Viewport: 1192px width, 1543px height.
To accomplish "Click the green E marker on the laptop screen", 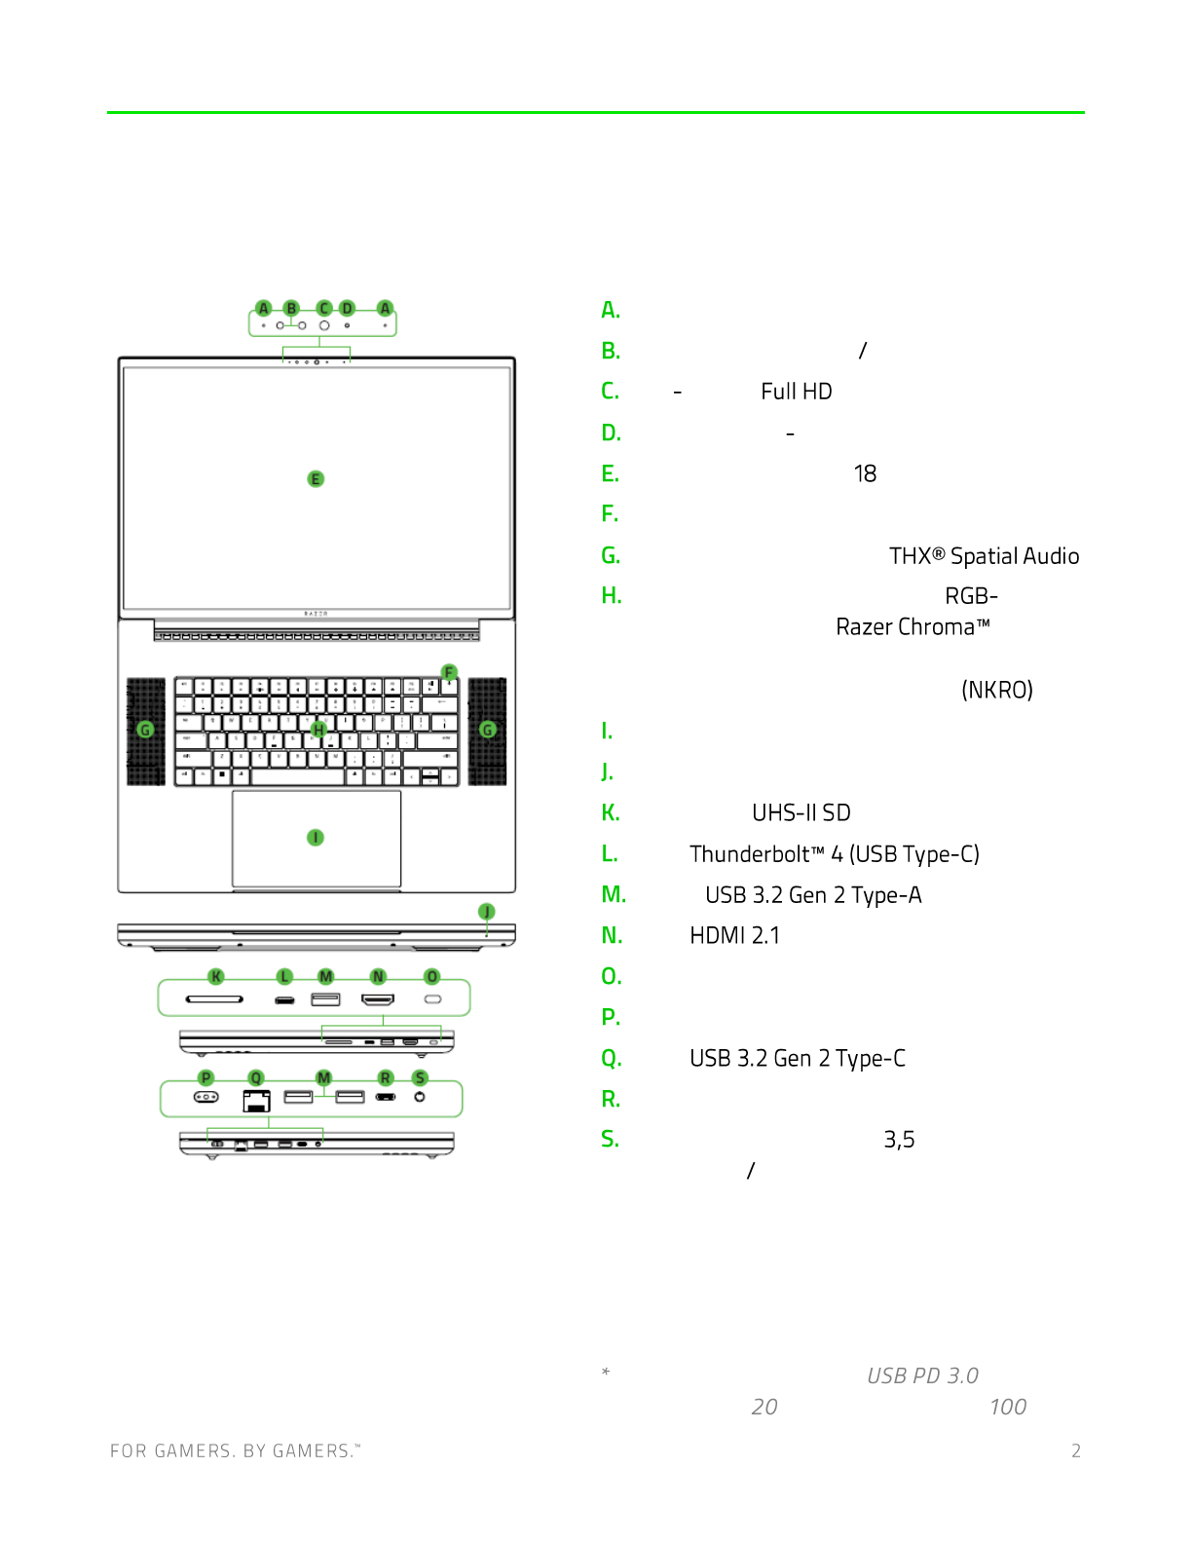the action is (x=316, y=478).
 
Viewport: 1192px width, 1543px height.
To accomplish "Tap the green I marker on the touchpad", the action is (x=316, y=838).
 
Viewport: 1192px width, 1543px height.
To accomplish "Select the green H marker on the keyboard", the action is (x=318, y=729).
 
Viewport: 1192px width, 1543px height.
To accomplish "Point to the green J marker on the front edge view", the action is (x=486, y=912).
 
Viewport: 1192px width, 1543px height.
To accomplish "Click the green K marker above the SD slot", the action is (x=216, y=976).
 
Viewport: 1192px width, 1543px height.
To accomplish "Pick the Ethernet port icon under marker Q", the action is (x=256, y=1101).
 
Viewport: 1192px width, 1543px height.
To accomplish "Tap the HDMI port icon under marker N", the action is (x=378, y=999).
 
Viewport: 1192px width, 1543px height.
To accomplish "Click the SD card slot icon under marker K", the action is (x=214, y=999).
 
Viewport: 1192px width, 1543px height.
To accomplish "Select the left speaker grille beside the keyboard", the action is (x=146, y=731).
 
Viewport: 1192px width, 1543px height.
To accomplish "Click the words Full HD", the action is (x=797, y=392).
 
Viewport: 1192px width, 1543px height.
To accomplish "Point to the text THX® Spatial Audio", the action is (x=984, y=556).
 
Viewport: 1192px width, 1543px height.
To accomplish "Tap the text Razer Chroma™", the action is (x=913, y=626).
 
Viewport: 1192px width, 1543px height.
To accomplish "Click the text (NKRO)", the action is (x=996, y=690).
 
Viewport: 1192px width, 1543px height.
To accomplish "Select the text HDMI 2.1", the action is (x=734, y=936).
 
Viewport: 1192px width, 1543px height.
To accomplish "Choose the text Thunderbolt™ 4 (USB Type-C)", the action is (x=835, y=854).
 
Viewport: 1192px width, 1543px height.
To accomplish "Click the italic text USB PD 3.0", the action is (x=922, y=1375).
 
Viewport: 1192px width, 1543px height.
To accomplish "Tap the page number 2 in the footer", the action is (x=1076, y=1450).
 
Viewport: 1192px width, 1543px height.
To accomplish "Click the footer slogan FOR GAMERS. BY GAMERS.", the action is (x=235, y=1450).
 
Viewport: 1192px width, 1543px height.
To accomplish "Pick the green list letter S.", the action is (x=610, y=1139).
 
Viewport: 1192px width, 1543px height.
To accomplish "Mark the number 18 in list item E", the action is (x=865, y=473).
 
